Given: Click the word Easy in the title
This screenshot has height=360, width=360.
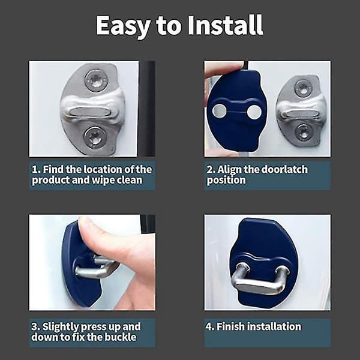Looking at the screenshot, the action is pyautogui.click(x=124, y=26).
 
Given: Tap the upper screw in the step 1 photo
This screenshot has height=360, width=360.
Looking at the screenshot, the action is pyautogui.click(x=96, y=80).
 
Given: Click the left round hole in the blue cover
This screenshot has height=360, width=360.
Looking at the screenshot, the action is pyautogui.click(x=218, y=110).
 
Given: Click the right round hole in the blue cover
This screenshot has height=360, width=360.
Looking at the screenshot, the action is pyautogui.click(x=254, y=112).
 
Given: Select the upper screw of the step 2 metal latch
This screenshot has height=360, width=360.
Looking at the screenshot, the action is pyautogui.click(x=303, y=88).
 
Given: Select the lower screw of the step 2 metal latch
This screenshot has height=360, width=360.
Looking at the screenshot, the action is pyautogui.click(x=303, y=132).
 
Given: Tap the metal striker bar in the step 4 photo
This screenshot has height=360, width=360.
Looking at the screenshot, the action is pyautogui.click(x=259, y=280).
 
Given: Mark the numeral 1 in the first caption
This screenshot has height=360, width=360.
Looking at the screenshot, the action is pyautogui.click(x=34, y=169).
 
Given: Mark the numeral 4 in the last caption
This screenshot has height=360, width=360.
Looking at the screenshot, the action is pyautogui.click(x=209, y=326).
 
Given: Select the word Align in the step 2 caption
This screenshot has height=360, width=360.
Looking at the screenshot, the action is pyautogui.click(x=229, y=170).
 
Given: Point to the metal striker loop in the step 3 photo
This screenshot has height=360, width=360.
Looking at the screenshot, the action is pyautogui.click(x=95, y=268).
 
